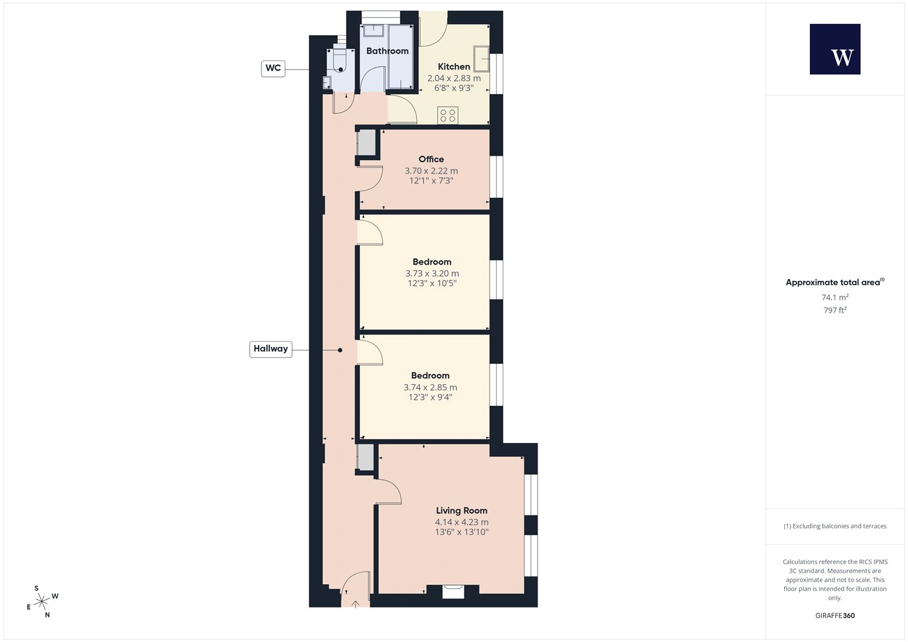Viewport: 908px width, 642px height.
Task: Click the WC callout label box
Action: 273,68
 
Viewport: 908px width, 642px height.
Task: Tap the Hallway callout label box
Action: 270,349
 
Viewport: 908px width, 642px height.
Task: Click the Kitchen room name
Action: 453,66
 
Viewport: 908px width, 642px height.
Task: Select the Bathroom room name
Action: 387,51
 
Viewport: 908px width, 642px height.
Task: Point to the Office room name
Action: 431,159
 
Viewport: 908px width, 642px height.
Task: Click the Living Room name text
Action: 461,511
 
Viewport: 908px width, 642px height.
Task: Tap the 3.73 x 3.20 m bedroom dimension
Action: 432,274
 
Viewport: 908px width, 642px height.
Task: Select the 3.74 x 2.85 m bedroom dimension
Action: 430,388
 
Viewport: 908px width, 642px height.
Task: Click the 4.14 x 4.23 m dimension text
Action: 462,523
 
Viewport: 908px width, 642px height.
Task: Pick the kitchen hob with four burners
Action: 448,115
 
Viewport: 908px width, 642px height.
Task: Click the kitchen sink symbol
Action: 481,58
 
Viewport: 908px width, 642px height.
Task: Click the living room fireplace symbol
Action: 452,591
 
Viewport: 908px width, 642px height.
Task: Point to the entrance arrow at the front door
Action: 355,604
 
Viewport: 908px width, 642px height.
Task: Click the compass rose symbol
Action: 42,602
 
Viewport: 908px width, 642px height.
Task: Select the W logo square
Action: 835,49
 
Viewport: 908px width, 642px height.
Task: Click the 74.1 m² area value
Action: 835,297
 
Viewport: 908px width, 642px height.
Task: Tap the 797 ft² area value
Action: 835,310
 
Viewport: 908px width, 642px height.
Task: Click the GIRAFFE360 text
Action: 835,615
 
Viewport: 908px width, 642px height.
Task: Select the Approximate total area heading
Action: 835,282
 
